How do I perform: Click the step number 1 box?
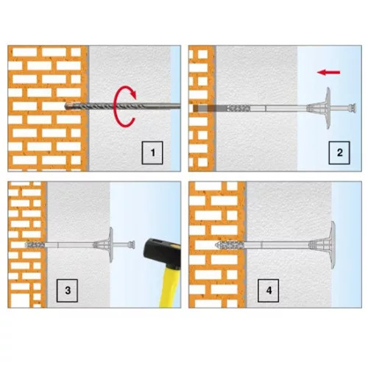click(x=152, y=152)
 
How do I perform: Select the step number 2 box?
click(x=339, y=152)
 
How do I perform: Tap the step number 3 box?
click(x=67, y=291)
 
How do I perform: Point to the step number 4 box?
click(x=268, y=291)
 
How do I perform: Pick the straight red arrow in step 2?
click(x=328, y=72)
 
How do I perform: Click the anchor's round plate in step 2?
click(x=328, y=108)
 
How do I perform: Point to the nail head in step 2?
click(x=353, y=108)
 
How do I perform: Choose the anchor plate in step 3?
click(x=111, y=244)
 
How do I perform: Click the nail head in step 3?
click(x=132, y=244)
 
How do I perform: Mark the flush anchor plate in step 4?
click(x=333, y=244)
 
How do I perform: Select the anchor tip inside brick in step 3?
click(x=35, y=244)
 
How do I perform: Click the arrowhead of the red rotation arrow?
click(x=132, y=94)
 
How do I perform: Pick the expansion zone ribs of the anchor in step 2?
click(x=238, y=108)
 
